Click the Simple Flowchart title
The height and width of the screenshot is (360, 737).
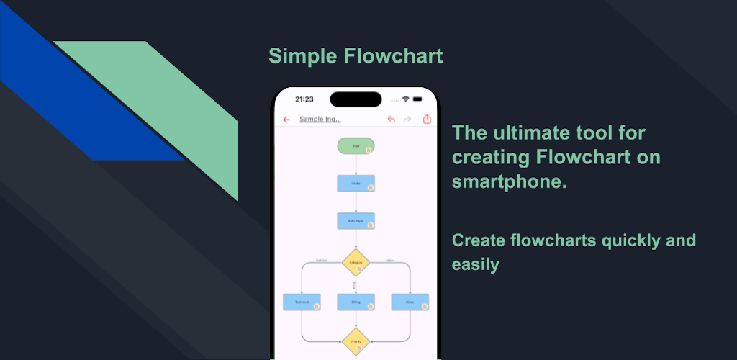pyautogui.click(x=356, y=55)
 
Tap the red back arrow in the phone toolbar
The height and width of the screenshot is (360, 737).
pyautogui.click(x=286, y=120)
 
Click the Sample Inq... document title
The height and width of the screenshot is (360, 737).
pyautogui.click(x=320, y=120)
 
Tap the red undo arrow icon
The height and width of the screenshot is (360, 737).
pyautogui.click(x=392, y=120)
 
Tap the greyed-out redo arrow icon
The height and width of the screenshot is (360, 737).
pyautogui.click(x=407, y=120)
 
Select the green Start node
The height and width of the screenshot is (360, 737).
pyautogui.click(x=356, y=146)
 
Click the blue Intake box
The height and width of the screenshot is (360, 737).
pyautogui.click(x=356, y=184)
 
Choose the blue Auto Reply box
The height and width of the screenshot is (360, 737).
pyautogui.click(x=356, y=221)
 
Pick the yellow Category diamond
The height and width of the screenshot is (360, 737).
pyautogui.click(x=356, y=263)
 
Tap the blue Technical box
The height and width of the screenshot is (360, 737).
pyautogui.click(x=302, y=302)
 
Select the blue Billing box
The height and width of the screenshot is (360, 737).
pyautogui.click(x=356, y=302)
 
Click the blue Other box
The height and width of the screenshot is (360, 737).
pyautogui.click(x=410, y=302)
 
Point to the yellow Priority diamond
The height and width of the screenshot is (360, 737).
pyautogui.click(x=356, y=341)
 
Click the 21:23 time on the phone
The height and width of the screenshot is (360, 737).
pyautogui.click(x=304, y=99)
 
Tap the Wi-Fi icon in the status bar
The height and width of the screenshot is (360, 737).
pyautogui.click(x=406, y=99)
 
